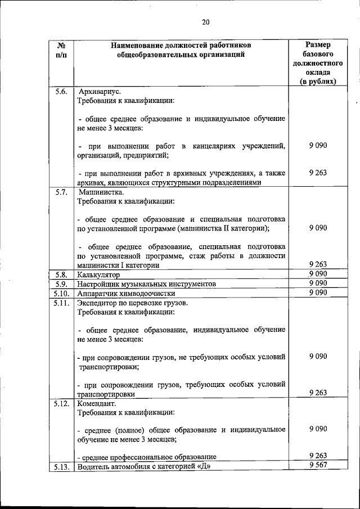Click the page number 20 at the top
[205, 22]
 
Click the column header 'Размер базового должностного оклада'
[318, 62]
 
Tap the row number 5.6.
[61, 91]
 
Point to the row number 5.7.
[61, 192]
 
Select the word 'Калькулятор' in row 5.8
[99, 274]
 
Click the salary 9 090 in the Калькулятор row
[318, 274]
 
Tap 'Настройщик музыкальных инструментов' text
[147, 284]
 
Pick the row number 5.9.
[61, 284]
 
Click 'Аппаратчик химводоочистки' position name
[127, 294]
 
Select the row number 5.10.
[61, 294]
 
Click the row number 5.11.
[61, 303]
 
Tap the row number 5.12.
[61, 404]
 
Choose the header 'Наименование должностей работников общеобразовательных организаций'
[181, 49]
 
